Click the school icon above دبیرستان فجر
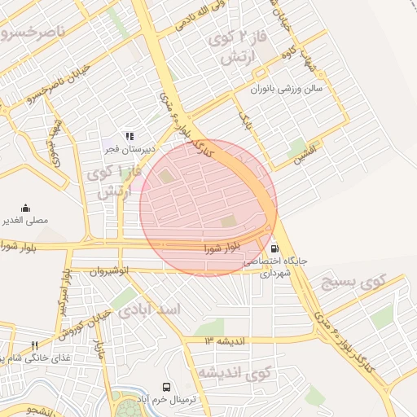point(128,136)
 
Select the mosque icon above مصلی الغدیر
point(25,208)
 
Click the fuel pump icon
point(274,248)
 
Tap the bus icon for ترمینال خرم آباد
point(166,388)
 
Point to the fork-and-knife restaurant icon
point(34,345)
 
